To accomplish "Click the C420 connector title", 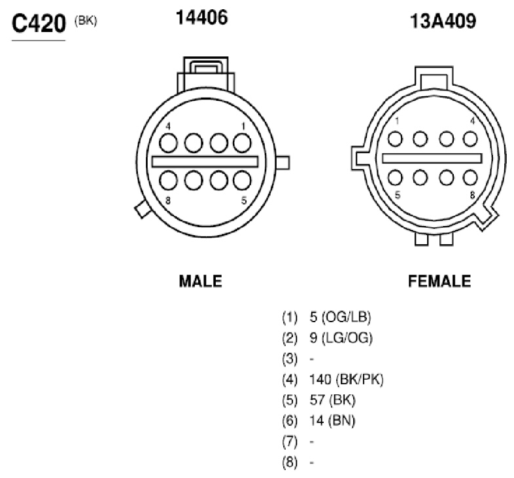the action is (x=39, y=24).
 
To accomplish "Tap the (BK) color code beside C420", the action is (x=86, y=21).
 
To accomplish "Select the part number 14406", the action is (x=201, y=18).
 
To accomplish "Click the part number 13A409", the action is (x=443, y=22).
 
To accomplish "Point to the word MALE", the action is (x=201, y=282).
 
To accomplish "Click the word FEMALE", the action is (x=439, y=282).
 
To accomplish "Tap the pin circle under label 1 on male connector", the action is (x=242, y=143).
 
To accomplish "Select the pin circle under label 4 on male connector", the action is (x=168, y=143).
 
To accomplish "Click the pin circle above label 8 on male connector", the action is (x=168, y=180).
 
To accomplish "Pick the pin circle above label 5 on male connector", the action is (x=242, y=180).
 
